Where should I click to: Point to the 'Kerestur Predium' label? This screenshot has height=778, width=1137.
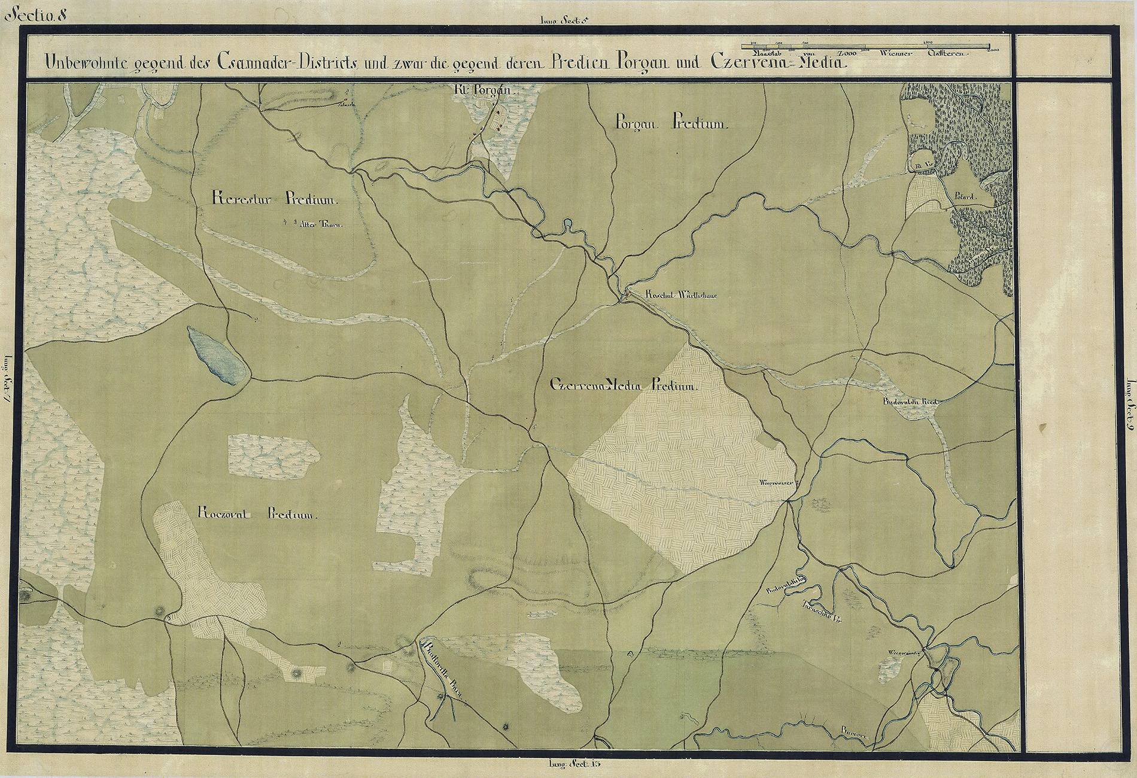(x=276, y=199)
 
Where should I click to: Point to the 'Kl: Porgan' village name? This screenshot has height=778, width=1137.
(x=485, y=90)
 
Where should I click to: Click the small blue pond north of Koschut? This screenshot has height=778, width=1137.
(x=567, y=225)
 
